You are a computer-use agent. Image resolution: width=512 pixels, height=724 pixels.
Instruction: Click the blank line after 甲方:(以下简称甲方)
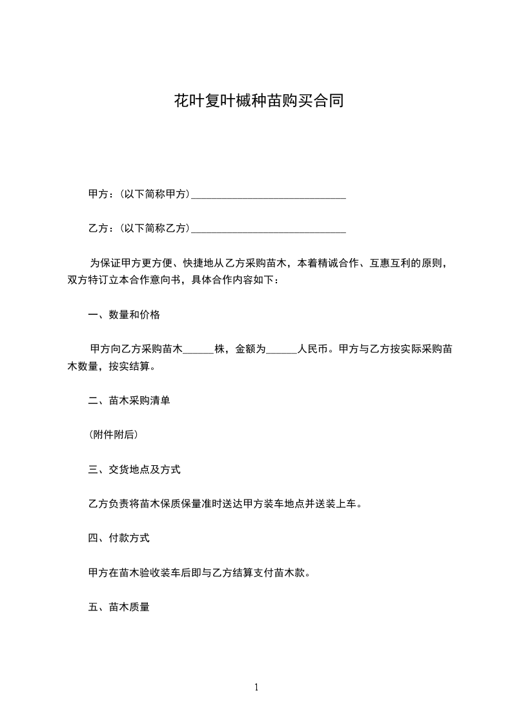(269, 194)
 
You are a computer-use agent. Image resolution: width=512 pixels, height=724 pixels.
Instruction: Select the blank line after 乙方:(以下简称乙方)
(269, 228)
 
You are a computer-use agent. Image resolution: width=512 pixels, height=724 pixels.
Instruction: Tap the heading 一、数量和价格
(124, 315)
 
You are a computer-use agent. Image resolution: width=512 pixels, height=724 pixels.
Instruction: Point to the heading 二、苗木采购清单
(129, 401)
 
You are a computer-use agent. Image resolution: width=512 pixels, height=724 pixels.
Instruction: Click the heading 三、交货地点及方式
(134, 469)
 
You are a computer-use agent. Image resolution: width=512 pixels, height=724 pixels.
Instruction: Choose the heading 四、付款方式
(119, 538)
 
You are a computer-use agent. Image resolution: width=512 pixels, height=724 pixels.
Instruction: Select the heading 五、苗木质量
(119, 607)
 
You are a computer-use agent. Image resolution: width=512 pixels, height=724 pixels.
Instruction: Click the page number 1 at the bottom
(256, 687)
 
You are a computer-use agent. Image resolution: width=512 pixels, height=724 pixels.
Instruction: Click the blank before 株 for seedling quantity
(199, 350)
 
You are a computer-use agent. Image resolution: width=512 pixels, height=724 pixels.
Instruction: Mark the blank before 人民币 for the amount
(282, 350)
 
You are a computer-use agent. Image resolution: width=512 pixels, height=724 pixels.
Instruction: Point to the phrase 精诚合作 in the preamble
(338, 263)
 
